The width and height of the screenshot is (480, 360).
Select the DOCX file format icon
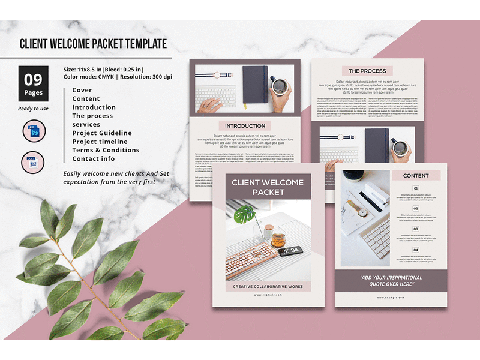pyautogui.click(x=33, y=163)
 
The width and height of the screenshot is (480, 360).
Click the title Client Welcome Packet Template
pyautogui.click(x=93, y=44)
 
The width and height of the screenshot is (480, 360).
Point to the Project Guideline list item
pyautogui.click(x=102, y=133)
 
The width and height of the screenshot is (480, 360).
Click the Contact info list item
pyautogui.click(x=94, y=159)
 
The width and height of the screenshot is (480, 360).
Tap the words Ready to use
pyautogui.click(x=33, y=109)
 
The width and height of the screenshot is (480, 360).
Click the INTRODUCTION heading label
pyautogui.click(x=245, y=126)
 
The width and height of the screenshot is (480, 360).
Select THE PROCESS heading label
pyautogui.click(x=367, y=71)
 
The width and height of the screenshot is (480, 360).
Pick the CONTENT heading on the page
pyautogui.click(x=416, y=175)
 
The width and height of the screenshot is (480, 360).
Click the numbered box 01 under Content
pyautogui.click(x=416, y=188)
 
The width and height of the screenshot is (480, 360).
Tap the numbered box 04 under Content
pyautogui.click(x=416, y=250)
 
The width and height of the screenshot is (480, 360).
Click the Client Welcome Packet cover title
pyautogui.click(x=268, y=187)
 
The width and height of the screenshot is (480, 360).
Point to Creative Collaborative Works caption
pyautogui.click(x=268, y=287)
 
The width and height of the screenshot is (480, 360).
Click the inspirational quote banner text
pyautogui.click(x=391, y=281)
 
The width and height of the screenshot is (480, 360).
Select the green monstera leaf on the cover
pyautogui.click(x=245, y=215)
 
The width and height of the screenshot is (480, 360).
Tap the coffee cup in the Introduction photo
pyautogui.click(x=279, y=86)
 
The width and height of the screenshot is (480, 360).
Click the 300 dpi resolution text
pyautogui.click(x=158, y=77)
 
